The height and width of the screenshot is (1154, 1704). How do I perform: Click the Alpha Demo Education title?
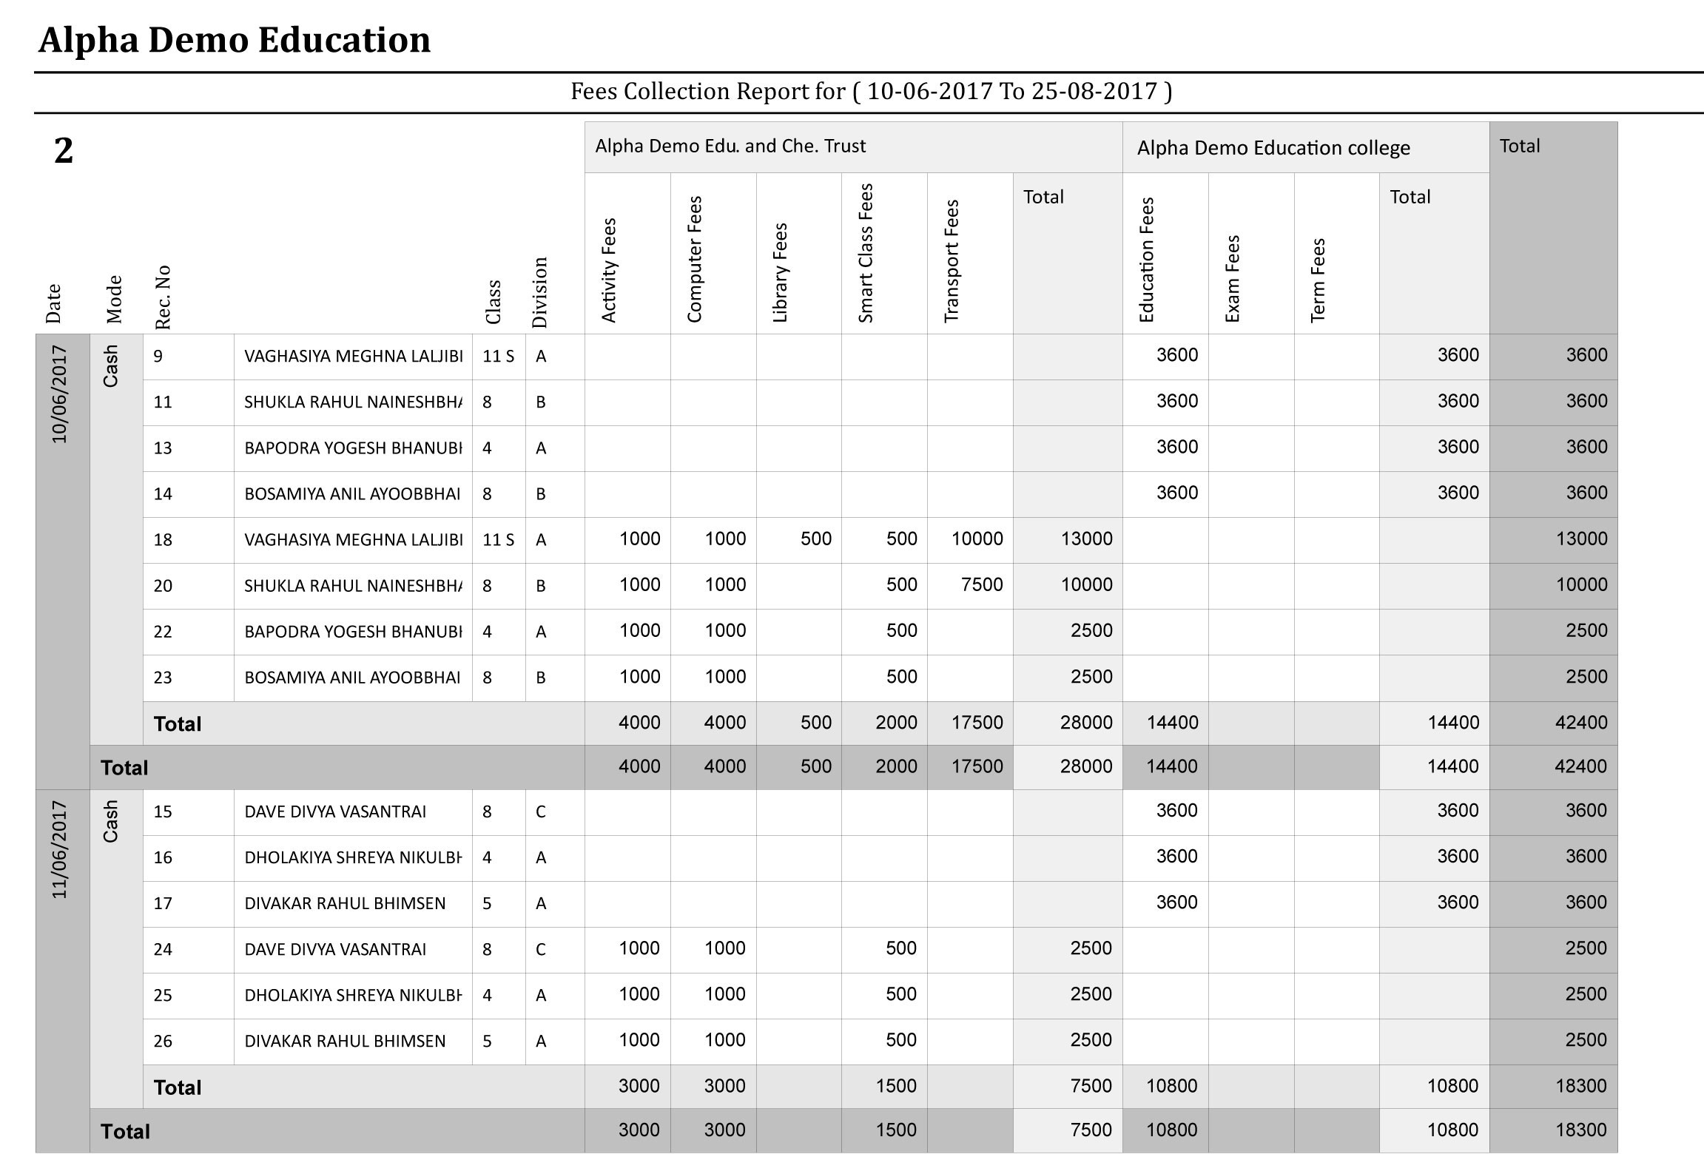coord(235,40)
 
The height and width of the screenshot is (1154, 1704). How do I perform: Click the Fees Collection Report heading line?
coord(871,92)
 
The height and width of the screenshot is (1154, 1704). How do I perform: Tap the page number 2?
coord(64,151)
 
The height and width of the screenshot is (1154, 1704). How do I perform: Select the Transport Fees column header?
coord(952,261)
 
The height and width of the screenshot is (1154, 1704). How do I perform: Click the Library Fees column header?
coord(780,272)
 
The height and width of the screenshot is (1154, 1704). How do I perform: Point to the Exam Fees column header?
coord(1232,278)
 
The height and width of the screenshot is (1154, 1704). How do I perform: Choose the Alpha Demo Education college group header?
coord(1273,148)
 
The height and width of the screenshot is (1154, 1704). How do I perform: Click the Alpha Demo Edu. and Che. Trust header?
coord(730,146)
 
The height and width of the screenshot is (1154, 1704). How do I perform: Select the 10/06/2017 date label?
coord(60,395)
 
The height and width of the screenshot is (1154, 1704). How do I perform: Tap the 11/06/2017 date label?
coord(60,850)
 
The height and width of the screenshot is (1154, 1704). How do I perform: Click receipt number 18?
coord(163,540)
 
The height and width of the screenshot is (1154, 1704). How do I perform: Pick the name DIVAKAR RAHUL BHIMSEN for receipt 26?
coord(345,1042)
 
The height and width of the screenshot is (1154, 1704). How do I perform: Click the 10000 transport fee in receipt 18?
coord(977,539)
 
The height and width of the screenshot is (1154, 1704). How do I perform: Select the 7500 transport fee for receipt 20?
coord(982,585)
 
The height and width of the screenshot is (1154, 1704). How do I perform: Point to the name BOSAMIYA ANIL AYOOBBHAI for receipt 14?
coord(352,494)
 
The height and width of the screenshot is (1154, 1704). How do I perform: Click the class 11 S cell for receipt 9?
coord(498,357)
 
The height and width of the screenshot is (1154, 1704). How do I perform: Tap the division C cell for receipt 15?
coord(541,812)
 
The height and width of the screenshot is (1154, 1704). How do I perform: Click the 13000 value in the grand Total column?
coord(1581,539)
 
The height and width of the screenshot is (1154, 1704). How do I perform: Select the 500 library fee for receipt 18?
coord(815,539)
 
